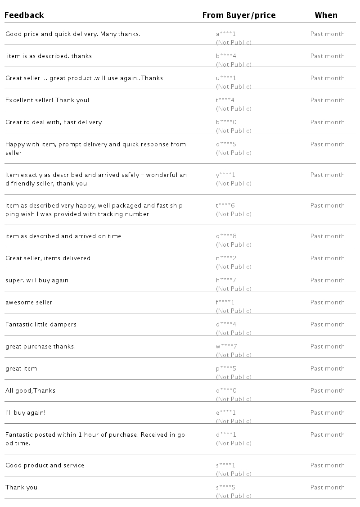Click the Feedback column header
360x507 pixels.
24,15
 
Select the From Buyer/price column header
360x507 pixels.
238,15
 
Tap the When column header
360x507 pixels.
326,15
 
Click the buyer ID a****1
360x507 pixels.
226,34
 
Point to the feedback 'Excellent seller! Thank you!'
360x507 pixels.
47,100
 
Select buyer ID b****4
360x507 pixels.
226,56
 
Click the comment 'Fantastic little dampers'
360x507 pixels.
41,324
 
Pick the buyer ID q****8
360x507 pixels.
226,236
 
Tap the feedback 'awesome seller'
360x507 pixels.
29,302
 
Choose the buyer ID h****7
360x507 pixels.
226,280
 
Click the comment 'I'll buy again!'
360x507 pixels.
25,412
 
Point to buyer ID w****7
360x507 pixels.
226,346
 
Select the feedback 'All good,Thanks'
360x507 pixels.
30,390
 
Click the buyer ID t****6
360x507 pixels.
225,205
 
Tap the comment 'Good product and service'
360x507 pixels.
45,465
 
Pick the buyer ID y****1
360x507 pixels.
226,175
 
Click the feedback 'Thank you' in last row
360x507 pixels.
21,487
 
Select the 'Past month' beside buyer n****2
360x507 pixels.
327,258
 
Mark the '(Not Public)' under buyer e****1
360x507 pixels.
234,421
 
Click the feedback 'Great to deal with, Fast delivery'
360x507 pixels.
54,122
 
